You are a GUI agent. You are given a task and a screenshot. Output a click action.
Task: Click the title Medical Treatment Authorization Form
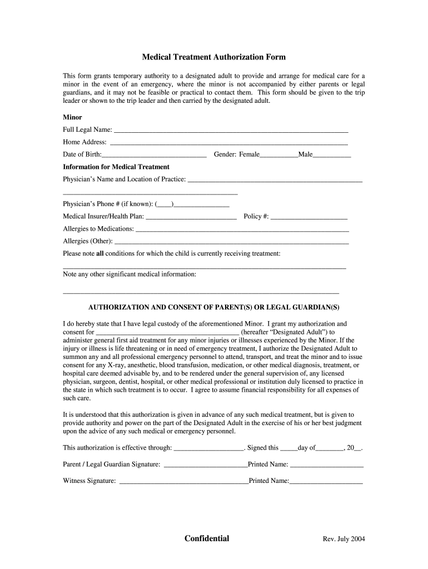[213, 57]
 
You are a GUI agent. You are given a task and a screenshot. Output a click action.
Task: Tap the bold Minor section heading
[72, 117]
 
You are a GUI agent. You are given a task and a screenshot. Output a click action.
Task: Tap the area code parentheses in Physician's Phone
[165, 204]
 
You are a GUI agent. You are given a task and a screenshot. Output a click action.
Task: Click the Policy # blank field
[309, 217]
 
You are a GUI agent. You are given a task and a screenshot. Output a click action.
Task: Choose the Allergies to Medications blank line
[242, 229]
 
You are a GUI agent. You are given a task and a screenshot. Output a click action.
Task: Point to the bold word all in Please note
[100, 253]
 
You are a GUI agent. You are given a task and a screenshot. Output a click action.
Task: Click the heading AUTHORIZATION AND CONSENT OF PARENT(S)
[214, 307]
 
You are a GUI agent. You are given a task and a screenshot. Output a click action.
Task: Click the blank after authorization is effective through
[209, 448]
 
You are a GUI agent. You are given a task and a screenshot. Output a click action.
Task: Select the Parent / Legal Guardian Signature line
[206, 465]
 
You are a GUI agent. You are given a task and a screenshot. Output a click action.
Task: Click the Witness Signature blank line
[184, 482]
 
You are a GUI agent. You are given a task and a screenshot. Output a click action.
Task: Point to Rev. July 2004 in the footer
[344, 540]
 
